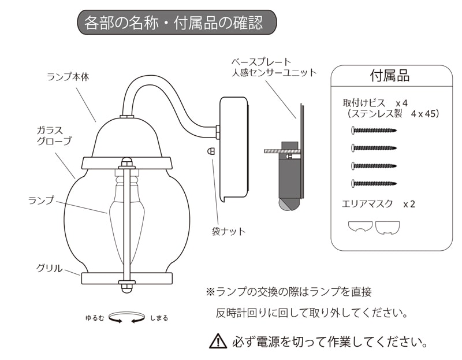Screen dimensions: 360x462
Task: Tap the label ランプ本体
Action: pyautogui.click(x=68, y=76)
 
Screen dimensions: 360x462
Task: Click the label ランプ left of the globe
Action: pyautogui.click(x=41, y=201)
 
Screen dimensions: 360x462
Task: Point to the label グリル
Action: pyautogui.click(x=50, y=268)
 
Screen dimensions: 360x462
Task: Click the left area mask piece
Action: pyautogui.click(x=360, y=228)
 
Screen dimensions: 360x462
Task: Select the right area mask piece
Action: pyautogui.click(x=388, y=228)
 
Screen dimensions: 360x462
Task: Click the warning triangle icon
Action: pyautogui.click(x=218, y=341)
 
